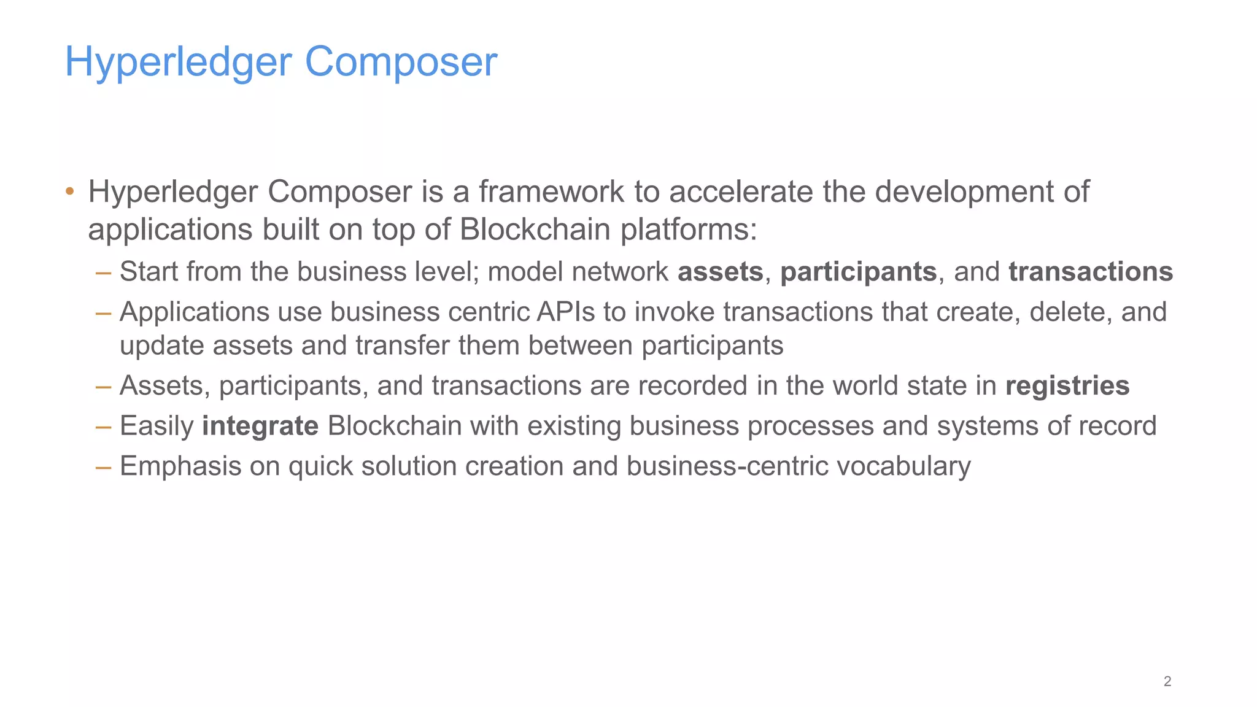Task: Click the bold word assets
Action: pyautogui.click(x=720, y=272)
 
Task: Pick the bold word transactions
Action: pyautogui.click(x=1090, y=272)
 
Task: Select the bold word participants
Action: pyautogui.click(x=858, y=272)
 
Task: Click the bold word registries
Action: pyautogui.click(x=1067, y=386)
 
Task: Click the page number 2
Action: pyautogui.click(x=1167, y=681)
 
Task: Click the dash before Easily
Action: pyautogui.click(x=103, y=426)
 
